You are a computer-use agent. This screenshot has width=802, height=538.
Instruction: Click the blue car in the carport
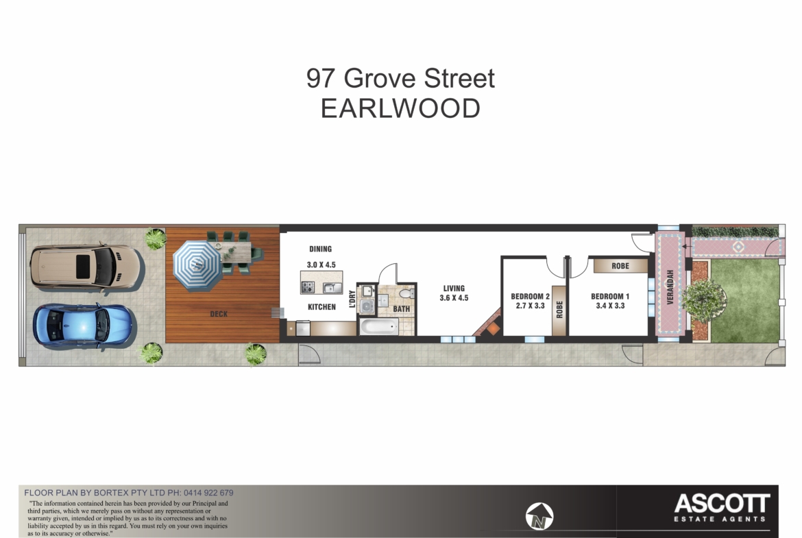(x=83, y=326)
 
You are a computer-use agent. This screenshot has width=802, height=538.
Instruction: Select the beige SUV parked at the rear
(x=85, y=267)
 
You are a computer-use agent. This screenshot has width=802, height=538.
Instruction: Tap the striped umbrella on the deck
(x=197, y=265)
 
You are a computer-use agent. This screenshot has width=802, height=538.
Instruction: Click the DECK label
(x=219, y=314)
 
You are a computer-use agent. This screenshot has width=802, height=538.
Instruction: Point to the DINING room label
(x=320, y=249)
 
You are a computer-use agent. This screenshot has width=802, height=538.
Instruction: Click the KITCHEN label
(x=321, y=307)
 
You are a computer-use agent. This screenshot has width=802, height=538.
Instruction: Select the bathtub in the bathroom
(x=379, y=326)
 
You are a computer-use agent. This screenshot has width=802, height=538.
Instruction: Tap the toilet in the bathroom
(x=406, y=293)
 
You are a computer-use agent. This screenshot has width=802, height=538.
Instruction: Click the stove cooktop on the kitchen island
(x=307, y=287)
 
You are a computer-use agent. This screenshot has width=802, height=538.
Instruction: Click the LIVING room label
(x=454, y=289)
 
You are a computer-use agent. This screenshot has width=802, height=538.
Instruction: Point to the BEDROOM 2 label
(x=531, y=297)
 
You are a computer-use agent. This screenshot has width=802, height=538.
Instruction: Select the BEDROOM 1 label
(x=610, y=297)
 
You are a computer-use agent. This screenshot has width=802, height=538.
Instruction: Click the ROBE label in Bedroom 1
(x=620, y=266)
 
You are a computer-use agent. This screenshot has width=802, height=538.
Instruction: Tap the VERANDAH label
(x=670, y=287)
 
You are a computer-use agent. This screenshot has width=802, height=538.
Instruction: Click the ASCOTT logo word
(x=722, y=503)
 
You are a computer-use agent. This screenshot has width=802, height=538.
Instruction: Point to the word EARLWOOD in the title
(x=400, y=108)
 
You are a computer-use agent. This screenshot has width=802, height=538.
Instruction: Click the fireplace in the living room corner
(x=488, y=326)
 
